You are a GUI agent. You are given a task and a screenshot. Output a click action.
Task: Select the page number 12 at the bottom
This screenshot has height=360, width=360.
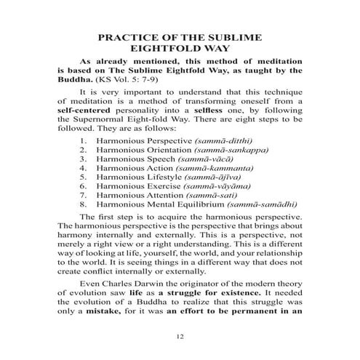(180, 337)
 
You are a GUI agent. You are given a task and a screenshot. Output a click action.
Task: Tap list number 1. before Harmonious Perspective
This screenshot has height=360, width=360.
(85, 159)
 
